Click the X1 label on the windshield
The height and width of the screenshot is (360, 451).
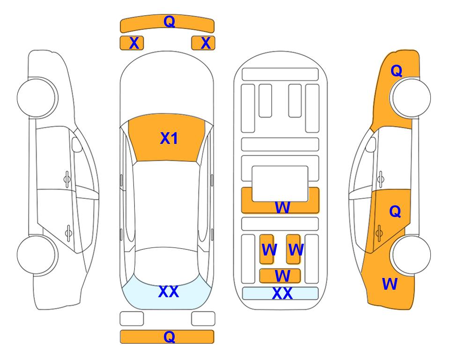click(x=169, y=138)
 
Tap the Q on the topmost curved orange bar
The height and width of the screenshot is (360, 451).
click(x=169, y=21)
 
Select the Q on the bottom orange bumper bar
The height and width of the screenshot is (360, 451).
click(x=169, y=337)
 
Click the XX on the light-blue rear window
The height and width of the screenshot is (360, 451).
click(x=168, y=292)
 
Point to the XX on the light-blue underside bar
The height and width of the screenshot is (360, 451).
click(x=282, y=293)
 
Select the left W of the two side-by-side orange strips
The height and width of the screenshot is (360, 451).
click(x=268, y=250)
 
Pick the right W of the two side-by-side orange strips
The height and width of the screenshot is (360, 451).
click(x=295, y=250)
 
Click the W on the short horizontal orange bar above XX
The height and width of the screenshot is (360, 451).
click(x=282, y=276)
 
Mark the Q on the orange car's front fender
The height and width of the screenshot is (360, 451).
click(x=396, y=71)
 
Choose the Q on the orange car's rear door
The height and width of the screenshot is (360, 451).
click(x=395, y=212)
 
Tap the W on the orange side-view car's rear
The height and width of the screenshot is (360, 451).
click(x=390, y=284)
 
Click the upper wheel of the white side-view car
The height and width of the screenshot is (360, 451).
click(x=37, y=97)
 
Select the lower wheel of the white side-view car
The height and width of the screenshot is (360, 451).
click(x=37, y=255)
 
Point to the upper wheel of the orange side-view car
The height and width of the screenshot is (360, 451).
click(x=411, y=97)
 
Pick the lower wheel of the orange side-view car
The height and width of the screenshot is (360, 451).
click(x=411, y=255)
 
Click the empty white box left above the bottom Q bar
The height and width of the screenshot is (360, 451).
click(x=132, y=319)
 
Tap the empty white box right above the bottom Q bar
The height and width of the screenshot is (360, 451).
click(x=203, y=319)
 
